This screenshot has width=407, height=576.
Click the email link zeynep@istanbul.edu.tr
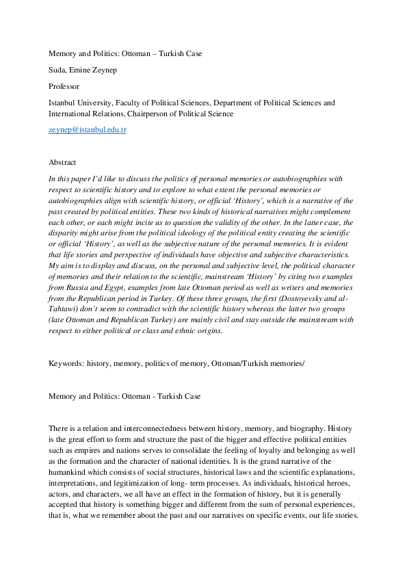tap(82, 129)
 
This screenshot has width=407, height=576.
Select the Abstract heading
tap(62, 162)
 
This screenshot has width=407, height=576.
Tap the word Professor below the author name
tap(64, 86)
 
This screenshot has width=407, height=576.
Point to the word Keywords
tap(66, 364)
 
